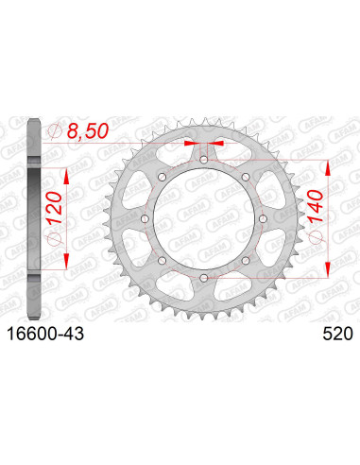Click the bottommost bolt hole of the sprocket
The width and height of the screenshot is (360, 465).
pyautogui.click(x=204, y=277)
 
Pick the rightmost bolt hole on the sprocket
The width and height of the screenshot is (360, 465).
pyautogui.click(x=262, y=219)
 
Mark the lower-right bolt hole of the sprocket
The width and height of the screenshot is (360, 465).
pyautogui.click(x=245, y=260)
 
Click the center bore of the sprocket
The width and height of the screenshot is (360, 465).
pyautogui.click(x=204, y=219)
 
